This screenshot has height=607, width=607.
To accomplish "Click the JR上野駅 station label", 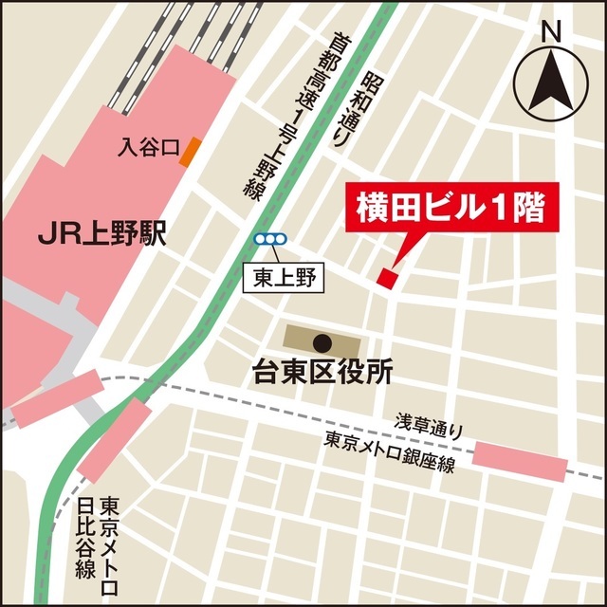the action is point(102,232).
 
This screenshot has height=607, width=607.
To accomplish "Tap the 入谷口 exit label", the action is point(149,148).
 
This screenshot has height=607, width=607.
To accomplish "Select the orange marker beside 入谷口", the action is point(191,150).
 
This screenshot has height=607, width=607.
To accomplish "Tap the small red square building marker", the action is point(386,276).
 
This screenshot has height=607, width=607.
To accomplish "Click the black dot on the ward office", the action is point(322,341).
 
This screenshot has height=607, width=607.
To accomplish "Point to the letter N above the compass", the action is point(552,30).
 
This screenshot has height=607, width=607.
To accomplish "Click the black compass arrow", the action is point(552,80).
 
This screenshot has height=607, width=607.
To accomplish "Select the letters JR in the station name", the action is point(59,232).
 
